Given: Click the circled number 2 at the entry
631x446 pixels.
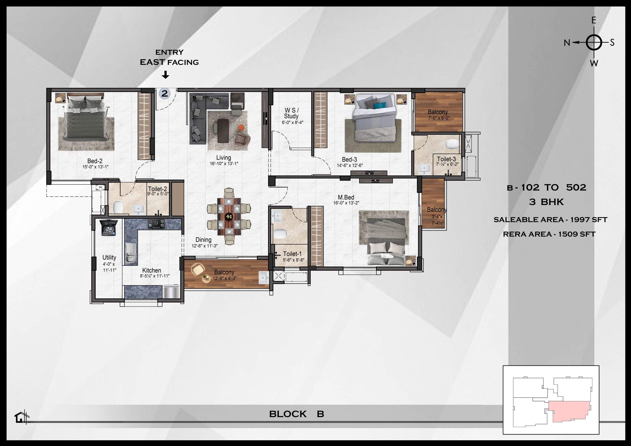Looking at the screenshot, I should (x=164, y=94).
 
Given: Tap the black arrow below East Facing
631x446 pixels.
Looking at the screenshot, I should (x=165, y=75).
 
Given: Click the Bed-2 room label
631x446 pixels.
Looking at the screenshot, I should (x=95, y=161).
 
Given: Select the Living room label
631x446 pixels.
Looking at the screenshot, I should (x=223, y=158).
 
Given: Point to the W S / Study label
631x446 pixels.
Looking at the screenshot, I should (x=292, y=113).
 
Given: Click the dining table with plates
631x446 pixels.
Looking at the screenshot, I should (x=229, y=217).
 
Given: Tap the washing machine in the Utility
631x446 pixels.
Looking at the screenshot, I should (x=110, y=227).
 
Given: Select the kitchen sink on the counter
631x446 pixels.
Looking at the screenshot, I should (x=131, y=254).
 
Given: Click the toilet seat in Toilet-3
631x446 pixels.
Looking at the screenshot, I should (x=452, y=144).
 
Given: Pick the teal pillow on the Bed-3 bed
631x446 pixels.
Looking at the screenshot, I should (x=382, y=105).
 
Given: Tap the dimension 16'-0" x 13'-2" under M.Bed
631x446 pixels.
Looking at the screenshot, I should (x=346, y=203).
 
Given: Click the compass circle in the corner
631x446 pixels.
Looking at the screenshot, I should (x=594, y=43).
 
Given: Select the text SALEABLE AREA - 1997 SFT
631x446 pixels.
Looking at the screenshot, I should (x=550, y=220).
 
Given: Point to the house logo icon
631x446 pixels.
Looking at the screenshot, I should (x=20, y=418).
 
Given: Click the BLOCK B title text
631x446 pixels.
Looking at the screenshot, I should (x=297, y=414).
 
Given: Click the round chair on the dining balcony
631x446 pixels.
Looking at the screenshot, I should (x=198, y=269).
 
